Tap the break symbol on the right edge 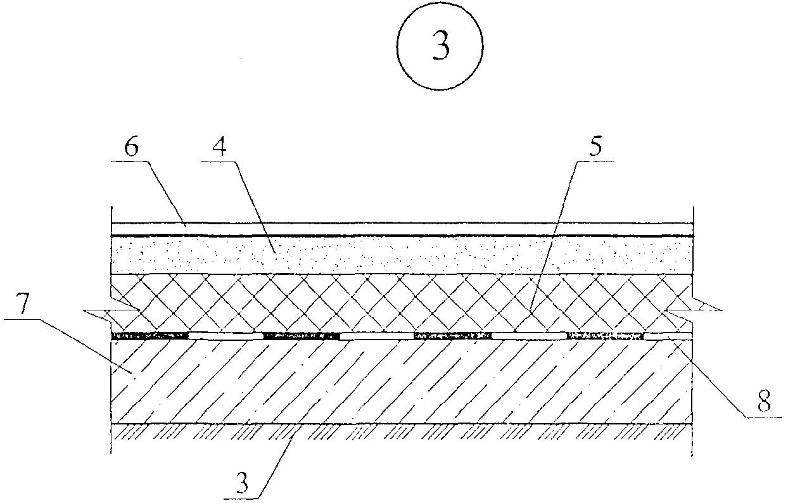[x=704, y=309]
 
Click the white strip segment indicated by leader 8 [x=668, y=336]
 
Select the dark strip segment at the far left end [x=149, y=335]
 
